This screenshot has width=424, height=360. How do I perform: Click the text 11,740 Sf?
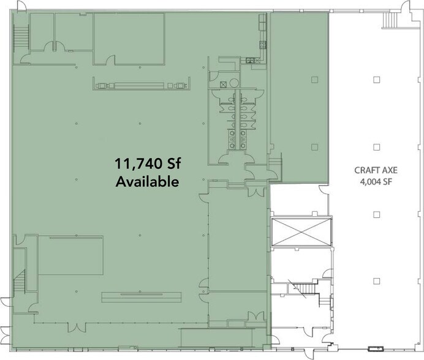[148, 163]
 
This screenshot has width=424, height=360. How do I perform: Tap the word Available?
[148, 182]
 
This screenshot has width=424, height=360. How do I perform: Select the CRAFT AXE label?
[376, 170]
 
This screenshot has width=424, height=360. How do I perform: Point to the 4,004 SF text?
[376, 182]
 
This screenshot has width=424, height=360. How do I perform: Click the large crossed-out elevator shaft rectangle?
[301, 231]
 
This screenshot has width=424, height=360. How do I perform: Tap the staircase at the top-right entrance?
[390, 20]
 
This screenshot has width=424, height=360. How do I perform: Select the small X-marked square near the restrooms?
[223, 84]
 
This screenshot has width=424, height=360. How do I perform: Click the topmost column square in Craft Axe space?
[376, 80]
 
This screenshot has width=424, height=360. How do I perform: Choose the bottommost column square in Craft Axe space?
[376, 281]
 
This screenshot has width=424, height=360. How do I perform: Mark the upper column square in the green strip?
[314, 80]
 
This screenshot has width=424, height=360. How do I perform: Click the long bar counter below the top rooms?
[142, 86]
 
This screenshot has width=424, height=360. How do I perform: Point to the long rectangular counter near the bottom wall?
[142, 297]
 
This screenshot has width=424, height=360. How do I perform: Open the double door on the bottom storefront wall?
[77, 327]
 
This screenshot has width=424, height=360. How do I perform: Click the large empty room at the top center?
[129, 39]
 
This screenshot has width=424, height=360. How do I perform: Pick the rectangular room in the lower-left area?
[70, 255]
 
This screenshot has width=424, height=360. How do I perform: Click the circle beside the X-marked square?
[234, 83]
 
